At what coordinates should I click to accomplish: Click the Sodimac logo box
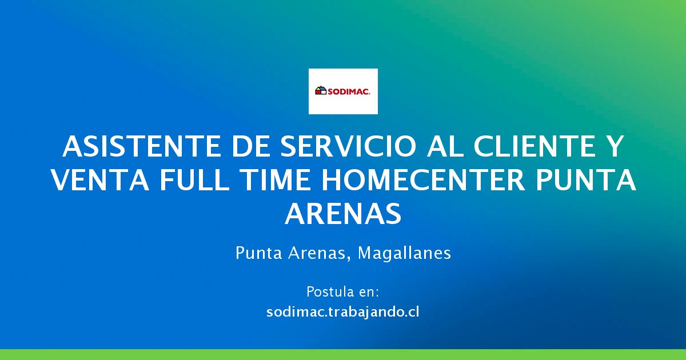[343, 91]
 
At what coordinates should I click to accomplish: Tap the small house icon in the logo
[320, 91]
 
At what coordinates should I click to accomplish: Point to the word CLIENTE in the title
[535, 147]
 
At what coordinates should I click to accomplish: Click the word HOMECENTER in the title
[423, 181]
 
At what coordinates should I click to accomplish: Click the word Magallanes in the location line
[404, 253]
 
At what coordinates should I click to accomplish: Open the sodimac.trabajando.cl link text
[343, 313]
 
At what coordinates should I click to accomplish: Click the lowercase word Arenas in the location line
[318, 253]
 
